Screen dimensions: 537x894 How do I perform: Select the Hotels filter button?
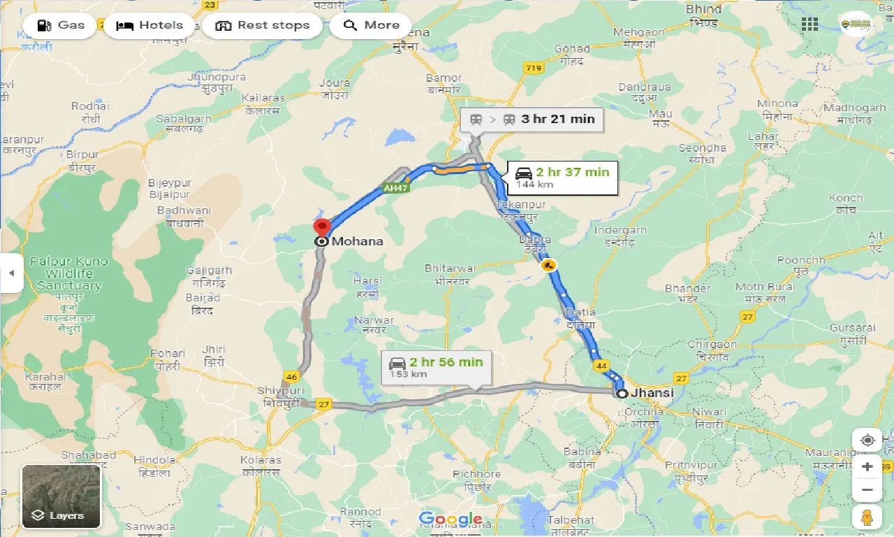pyautogui.click(x=149, y=26)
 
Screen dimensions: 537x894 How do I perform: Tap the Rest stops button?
pyautogui.click(x=263, y=26)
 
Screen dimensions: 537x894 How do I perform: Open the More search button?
pyautogui.click(x=372, y=26)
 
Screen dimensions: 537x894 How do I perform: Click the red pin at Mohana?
pyautogui.click(x=322, y=229)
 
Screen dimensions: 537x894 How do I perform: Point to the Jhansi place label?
pyautogui.click(x=652, y=393)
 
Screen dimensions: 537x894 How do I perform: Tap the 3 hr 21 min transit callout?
pyautogui.click(x=532, y=119)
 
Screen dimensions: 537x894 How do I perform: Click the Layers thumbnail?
pyautogui.click(x=61, y=496)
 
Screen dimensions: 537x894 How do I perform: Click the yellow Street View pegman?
pyautogui.click(x=867, y=518)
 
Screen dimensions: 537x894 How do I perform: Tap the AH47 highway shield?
pyautogui.click(x=395, y=188)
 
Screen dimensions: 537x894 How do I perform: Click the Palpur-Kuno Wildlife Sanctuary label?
pyautogui.click(x=69, y=273)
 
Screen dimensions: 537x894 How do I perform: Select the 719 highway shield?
pyautogui.click(x=534, y=68)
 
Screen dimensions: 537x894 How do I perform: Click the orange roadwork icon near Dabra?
pyautogui.click(x=548, y=265)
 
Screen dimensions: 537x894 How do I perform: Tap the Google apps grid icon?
pyautogui.click(x=809, y=24)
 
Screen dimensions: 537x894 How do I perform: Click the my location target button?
pyautogui.click(x=867, y=441)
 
